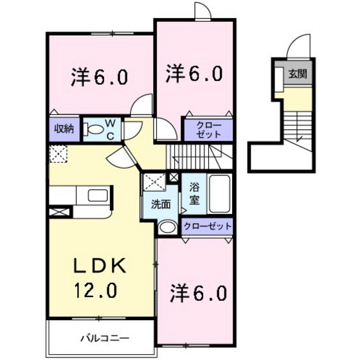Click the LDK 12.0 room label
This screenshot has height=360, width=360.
coord(100,278)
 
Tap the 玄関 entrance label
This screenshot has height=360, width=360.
coord(298,74)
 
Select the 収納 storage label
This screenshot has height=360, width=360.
coord(64,129)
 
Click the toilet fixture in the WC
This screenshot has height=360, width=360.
coord(93,129)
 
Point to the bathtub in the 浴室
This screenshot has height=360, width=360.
coord(219,194)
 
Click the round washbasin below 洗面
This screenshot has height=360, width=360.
coord(168,227)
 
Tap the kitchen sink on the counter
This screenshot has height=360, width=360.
coord(98,195)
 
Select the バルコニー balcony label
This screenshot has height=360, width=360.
coord(105,338)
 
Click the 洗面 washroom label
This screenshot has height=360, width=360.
coord(161,204)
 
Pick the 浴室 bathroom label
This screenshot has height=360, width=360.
coord(194,194)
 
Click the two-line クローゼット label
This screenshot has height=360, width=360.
coord(209,130)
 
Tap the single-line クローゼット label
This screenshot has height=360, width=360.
coord(208,226)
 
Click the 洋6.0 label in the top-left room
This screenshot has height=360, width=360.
coord(99,77)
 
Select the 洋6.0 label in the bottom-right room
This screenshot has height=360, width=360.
coord(198,292)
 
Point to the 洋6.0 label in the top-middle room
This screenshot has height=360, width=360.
coord(194,73)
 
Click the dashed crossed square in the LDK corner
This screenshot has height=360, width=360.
coord(58,154)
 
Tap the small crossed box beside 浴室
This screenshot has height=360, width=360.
coord(174,177)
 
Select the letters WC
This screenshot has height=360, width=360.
coord(111,130)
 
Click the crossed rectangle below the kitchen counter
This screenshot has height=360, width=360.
coord(59,212)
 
